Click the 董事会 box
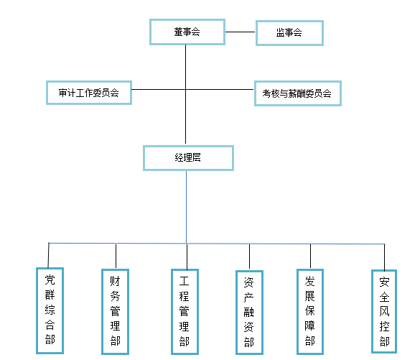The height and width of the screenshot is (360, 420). click(187, 32)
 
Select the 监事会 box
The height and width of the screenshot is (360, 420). click(289, 33)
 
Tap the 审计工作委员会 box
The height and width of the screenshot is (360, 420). click(89, 93)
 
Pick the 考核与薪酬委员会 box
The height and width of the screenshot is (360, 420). click(297, 93)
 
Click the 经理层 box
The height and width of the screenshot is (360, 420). click(188, 158)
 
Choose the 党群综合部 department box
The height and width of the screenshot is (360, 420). click(50, 310)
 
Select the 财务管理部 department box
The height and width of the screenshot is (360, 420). click(115, 311)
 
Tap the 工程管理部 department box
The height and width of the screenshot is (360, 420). click(185, 311)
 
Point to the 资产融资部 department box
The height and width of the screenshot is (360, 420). click(249, 313)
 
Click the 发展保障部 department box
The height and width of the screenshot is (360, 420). click(310, 311)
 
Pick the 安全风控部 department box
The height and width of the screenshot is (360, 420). click(384, 311)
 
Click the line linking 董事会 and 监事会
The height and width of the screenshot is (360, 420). click(241, 32)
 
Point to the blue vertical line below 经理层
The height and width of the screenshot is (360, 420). click(186, 207)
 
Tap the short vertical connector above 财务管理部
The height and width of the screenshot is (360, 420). click(116, 257)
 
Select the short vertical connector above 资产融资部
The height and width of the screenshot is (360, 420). click(249, 257)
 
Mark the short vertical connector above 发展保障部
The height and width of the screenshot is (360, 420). click(310, 257)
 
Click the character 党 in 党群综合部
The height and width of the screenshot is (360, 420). click(50, 280)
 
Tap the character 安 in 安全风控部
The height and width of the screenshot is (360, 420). click(384, 282)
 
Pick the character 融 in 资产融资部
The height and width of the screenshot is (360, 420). click(249, 312)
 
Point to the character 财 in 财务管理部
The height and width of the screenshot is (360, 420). click(115, 281)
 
